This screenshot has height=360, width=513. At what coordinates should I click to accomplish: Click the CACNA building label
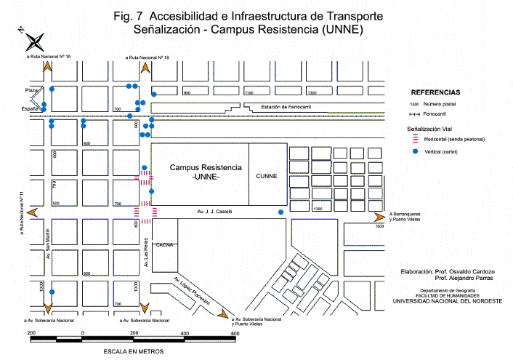[163, 244]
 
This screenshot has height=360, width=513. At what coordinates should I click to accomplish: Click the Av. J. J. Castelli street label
[214, 212]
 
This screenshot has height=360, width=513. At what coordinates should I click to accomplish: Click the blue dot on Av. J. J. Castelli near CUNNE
[281, 212]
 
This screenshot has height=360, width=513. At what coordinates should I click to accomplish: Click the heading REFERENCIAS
[435, 93]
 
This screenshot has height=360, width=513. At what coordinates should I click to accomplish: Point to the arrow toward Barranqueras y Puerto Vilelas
[379, 217]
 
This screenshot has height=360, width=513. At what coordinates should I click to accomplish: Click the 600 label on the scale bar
[234, 334]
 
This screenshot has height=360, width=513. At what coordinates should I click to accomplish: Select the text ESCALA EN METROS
[134, 351]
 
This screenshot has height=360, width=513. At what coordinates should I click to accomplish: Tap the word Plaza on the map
[31, 89]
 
